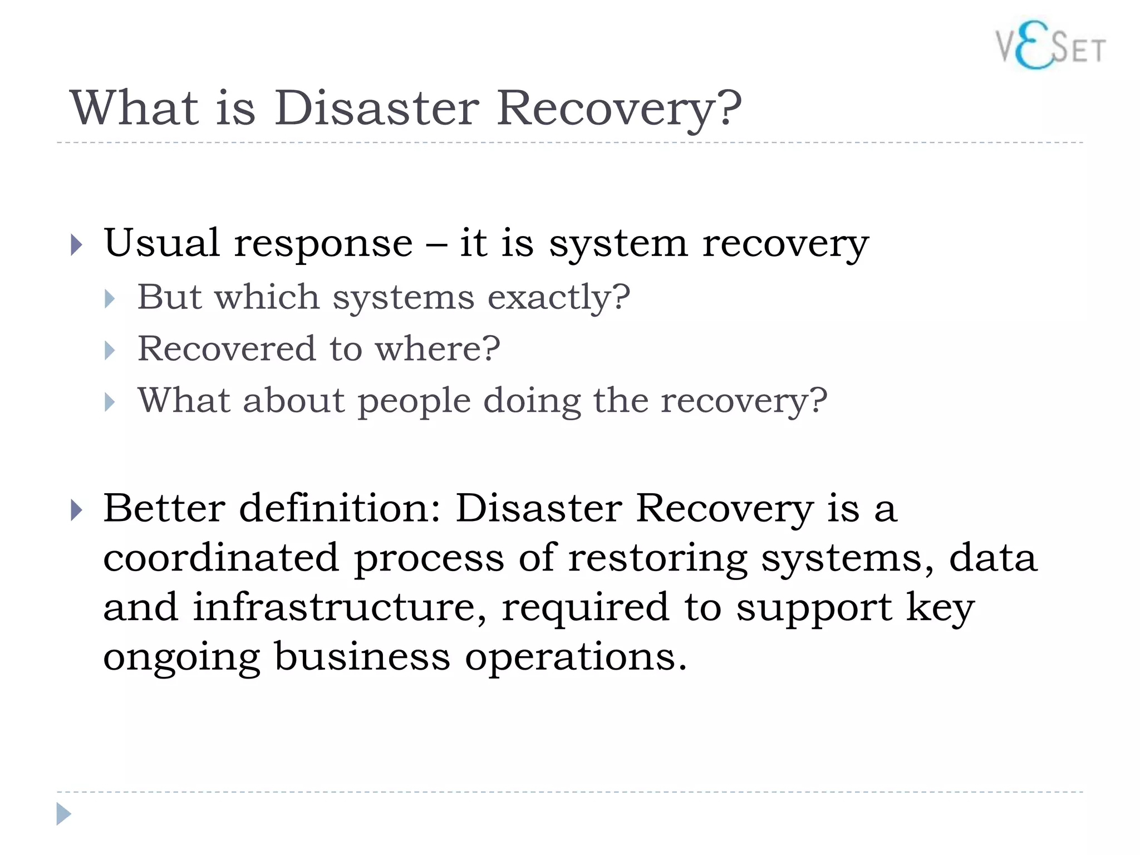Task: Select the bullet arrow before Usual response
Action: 77,245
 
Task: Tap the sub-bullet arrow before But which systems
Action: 110,299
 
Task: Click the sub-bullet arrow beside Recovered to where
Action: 110,350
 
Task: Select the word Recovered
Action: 226,348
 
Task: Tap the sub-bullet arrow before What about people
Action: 110,402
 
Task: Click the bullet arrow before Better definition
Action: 77,510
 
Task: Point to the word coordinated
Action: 221,557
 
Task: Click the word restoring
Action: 657,558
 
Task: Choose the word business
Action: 362,656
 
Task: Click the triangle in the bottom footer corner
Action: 63,814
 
